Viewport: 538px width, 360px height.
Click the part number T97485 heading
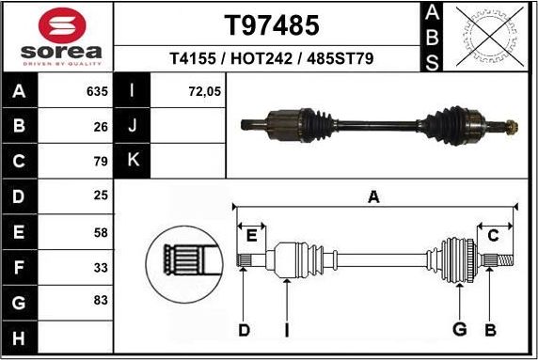click(x=271, y=23)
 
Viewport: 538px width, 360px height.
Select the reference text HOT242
click(x=271, y=58)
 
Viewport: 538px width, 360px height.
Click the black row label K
click(x=133, y=160)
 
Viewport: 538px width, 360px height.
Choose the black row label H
click(x=20, y=336)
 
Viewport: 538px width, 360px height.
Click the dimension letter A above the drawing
click(x=373, y=197)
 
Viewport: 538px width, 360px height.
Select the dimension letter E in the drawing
click(x=250, y=235)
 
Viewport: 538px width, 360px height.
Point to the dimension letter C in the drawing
click(x=493, y=235)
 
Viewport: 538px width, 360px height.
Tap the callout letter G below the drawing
click(x=460, y=329)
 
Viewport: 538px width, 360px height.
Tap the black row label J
click(x=133, y=126)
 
